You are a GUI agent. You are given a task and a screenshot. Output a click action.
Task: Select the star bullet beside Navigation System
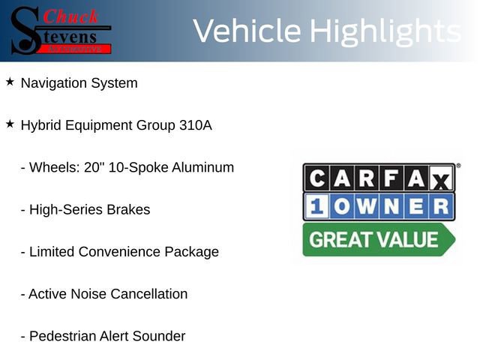tap(10, 82)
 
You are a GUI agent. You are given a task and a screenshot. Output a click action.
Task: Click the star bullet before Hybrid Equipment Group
tap(10, 124)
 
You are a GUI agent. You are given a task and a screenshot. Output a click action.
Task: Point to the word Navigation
tap(53, 83)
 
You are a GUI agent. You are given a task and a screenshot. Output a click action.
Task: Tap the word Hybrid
tap(42, 125)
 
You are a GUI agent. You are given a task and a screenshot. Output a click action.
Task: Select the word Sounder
tap(159, 336)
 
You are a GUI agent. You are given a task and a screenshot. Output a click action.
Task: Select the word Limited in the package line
tap(52, 252)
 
